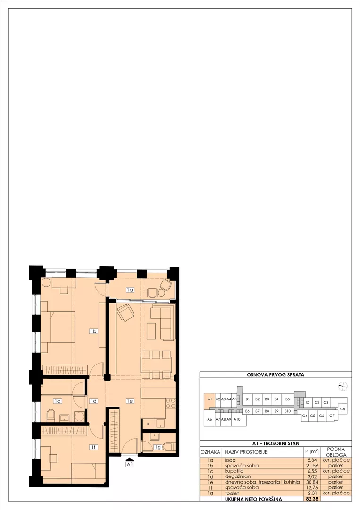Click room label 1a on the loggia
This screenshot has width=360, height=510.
point(130,289)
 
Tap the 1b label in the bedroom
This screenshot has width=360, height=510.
point(93,331)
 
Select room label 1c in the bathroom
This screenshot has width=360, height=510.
point(58,401)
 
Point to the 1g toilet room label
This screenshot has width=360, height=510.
point(158,447)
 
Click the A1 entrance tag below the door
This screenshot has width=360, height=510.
point(130,465)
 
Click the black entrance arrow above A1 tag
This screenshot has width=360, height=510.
point(130,458)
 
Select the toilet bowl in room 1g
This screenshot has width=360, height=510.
point(169,447)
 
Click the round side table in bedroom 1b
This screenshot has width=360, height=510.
point(46,282)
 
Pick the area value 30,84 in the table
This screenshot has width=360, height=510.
point(311,482)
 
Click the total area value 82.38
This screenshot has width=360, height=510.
point(312,499)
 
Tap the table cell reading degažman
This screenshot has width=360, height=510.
point(237,476)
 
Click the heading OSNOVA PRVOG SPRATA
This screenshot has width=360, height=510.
point(276,374)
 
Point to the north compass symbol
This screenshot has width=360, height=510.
point(343,386)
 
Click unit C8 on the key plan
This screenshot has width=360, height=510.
point(343,409)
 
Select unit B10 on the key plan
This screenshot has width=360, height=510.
point(287,411)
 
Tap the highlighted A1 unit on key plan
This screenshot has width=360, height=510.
point(209,399)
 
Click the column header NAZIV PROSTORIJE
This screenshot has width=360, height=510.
point(246,452)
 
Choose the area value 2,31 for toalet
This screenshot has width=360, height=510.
point(311,493)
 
